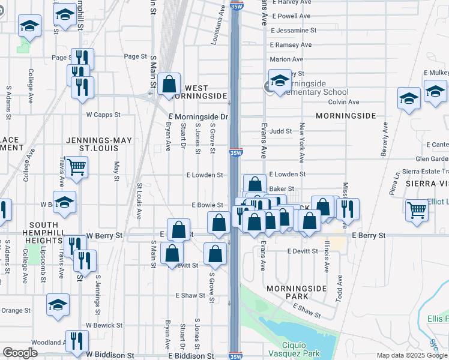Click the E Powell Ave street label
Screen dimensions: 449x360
tap(291, 16)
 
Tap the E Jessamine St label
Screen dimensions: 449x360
tap(294, 30)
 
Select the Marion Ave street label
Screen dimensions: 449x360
tap(286, 59)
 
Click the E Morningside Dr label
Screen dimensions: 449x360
tap(199, 116)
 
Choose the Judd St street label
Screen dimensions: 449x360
tap(280, 131)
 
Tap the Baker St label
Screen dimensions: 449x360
tap(281, 189)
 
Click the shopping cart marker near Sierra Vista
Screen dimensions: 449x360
tap(417, 210)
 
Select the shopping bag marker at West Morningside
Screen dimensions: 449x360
tap(169, 83)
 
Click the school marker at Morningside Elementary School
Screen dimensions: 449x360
tap(279, 80)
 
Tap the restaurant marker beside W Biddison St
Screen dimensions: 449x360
tap(76, 341)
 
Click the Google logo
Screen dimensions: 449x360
tap(20, 353)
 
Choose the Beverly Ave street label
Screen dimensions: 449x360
tap(384, 140)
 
